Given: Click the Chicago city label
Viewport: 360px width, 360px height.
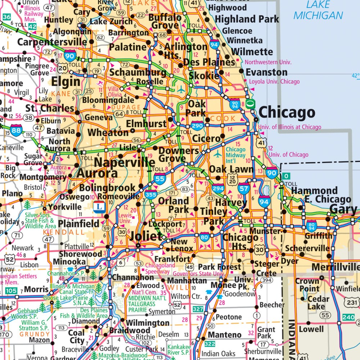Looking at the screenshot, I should click(x=287, y=113).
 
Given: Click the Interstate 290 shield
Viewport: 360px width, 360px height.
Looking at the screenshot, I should click(x=197, y=126).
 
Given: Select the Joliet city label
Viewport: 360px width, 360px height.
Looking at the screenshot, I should click(x=145, y=236).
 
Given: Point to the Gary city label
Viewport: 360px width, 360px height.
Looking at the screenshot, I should click(x=343, y=209).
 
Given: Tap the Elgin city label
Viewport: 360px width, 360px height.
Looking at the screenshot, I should click(x=66, y=81).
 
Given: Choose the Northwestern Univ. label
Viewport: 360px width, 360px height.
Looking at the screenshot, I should click(x=268, y=62).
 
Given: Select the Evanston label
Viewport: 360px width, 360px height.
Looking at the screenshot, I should click(x=266, y=72).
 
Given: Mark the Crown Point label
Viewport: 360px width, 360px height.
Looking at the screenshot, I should click(x=307, y=285).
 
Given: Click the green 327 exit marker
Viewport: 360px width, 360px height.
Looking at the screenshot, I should click(x=198, y=309).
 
